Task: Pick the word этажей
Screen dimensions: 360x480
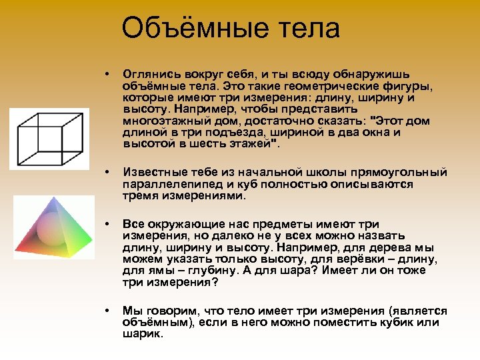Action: point(250,143)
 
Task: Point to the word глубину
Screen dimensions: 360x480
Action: point(215,271)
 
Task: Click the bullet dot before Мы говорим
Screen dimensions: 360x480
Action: point(106,311)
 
